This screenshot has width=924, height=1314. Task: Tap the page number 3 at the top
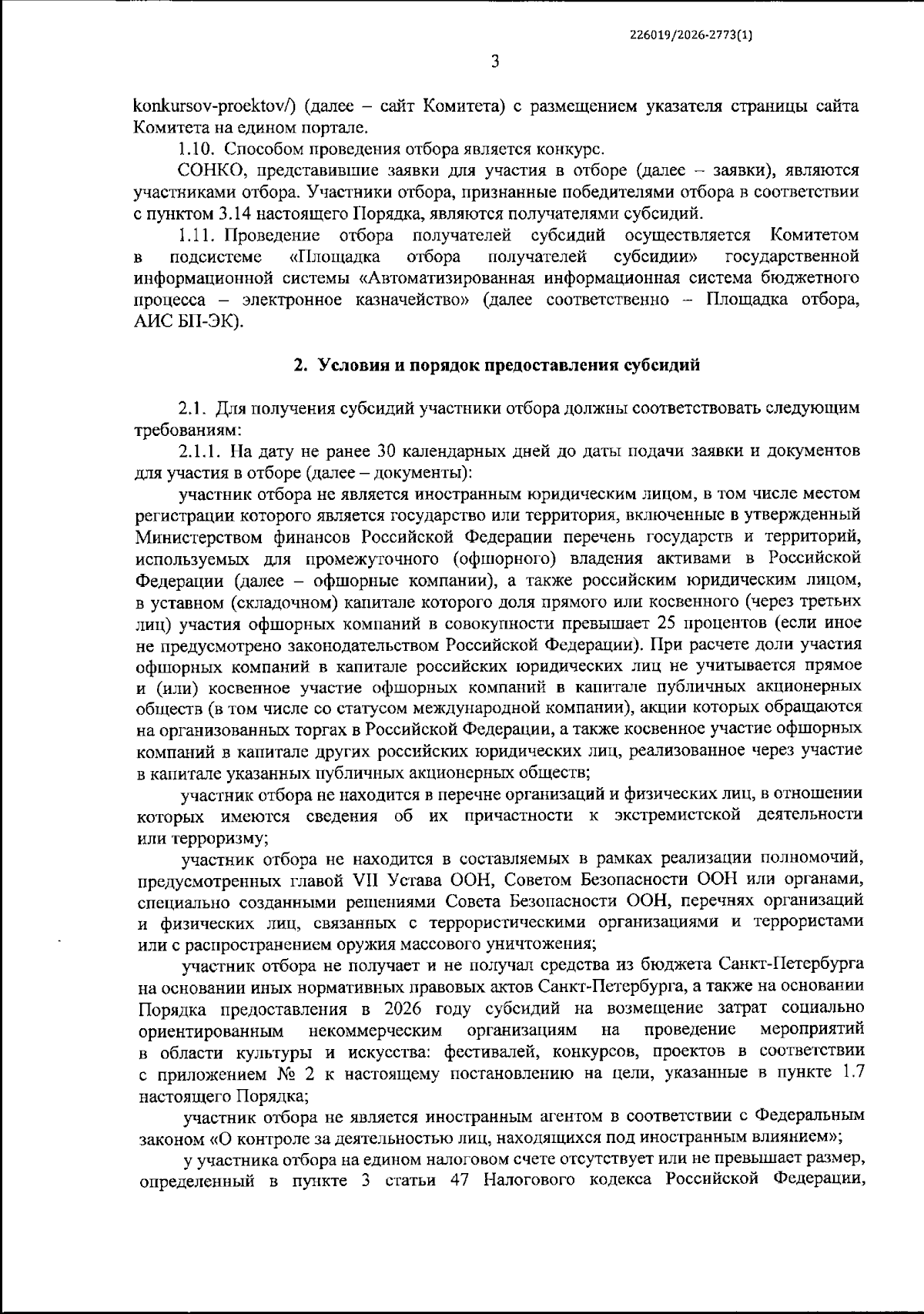(x=494, y=62)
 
